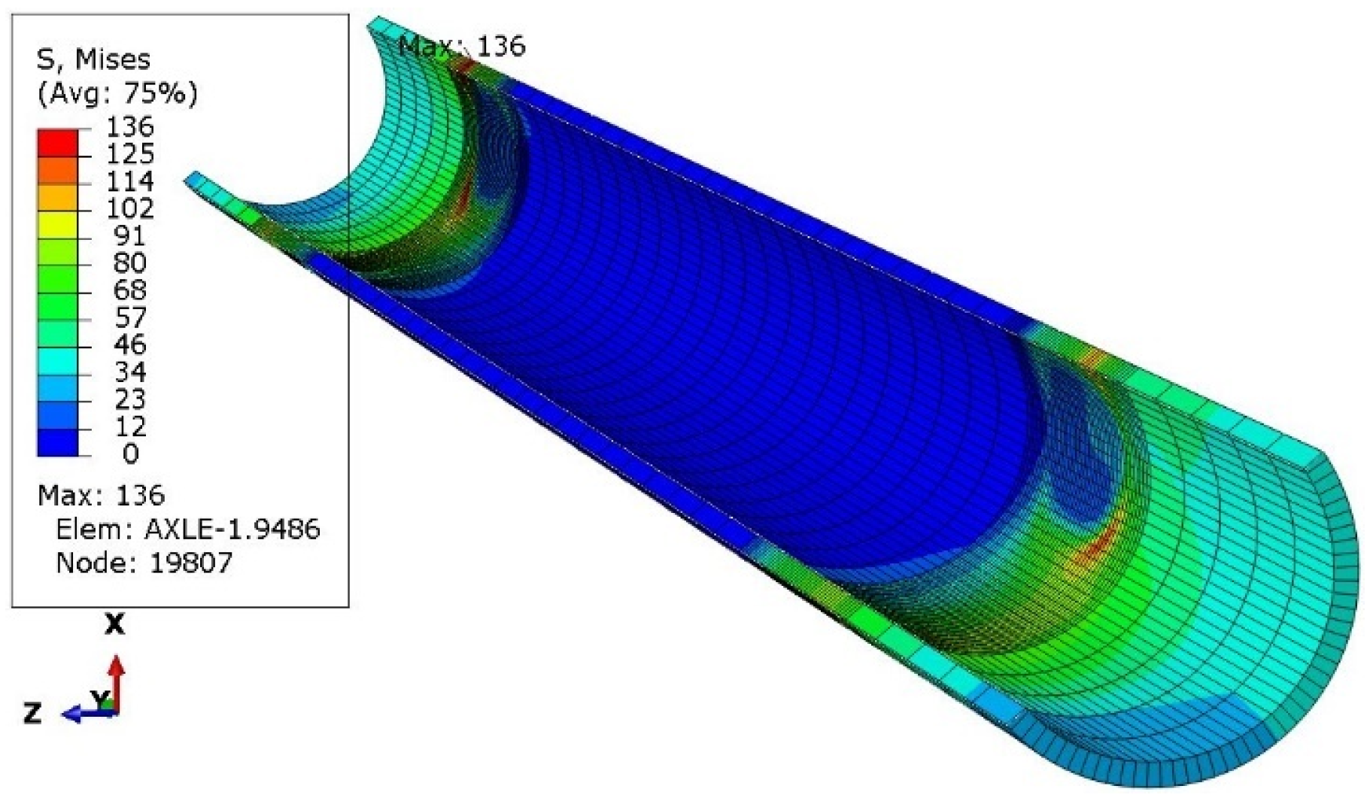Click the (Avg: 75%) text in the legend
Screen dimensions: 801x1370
tap(117, 93)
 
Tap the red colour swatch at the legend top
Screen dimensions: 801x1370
tap(57, 141)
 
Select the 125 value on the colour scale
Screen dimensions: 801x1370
tap(129, 154)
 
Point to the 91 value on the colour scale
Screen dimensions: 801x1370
tap(129, 236)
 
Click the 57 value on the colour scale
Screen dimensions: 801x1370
tap(129, 318)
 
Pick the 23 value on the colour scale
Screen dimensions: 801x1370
tap(129, 399)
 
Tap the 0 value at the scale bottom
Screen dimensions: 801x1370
tap(130, 454)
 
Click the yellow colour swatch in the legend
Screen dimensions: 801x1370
tap(57, 224)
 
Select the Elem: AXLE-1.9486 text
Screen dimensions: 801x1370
tap(188, 529)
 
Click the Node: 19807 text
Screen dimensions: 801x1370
tap(144, 563)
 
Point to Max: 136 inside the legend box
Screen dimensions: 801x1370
tap(101, 496)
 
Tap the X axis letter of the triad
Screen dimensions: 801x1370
tap(114, 624)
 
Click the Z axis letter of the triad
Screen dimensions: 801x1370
tap(32, 712)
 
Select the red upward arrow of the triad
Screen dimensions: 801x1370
tap(117, 681)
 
